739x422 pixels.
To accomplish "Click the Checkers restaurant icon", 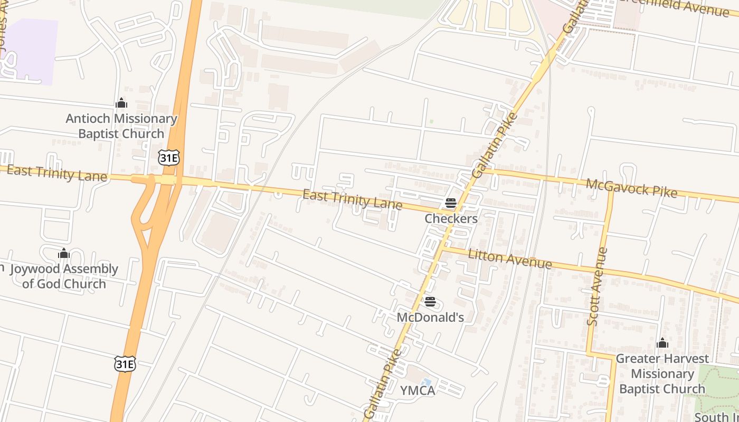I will tap(450, 203).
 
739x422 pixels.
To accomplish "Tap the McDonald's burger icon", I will tap(430, 302).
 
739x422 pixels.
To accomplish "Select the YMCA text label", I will tap(417, 390).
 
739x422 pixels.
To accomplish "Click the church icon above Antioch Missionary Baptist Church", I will tap(121, 103).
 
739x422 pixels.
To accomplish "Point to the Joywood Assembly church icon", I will tap(64, 254).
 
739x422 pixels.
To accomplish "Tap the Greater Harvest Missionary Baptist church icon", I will tap(662, 343).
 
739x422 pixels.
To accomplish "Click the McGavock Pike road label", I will tap(631, 188).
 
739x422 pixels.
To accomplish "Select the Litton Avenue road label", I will tap(510, 258).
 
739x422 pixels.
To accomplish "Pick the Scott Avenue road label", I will tap(598, 286).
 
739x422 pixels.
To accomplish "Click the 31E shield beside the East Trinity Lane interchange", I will tap(168, 157).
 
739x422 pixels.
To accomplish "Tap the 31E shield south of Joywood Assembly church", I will tap(125, 363).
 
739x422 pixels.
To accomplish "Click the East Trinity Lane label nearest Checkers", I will tap(352, 200).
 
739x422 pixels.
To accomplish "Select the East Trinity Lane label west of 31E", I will tap(57, 173).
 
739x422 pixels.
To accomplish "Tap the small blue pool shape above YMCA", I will tap(427, 381).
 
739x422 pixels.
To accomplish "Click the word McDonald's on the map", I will tap(430, 317).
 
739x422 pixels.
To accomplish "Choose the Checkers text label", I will tap(451, 218).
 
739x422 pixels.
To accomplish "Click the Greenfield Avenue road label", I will tap(681, 6).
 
